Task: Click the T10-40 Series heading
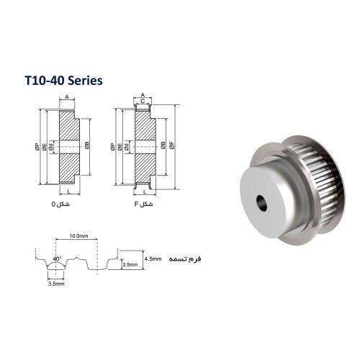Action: [x=63, y=81]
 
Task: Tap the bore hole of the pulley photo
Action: [x=261, y=203]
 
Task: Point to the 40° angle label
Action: [x=57, y=258]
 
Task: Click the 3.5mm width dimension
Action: [x=56, y=284]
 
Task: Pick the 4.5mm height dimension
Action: [x=153, y=259]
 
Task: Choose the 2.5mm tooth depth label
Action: [x=130, y=265]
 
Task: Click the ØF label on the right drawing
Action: [x=172, y=145]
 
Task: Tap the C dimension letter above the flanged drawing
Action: [x=143, y=101]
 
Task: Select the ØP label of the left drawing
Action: [x=37, y=147]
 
